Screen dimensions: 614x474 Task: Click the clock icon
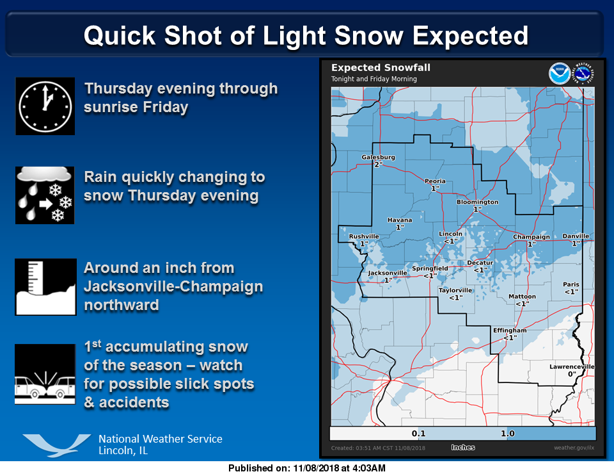(45, 106)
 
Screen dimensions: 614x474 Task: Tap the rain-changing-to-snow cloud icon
(45, 195)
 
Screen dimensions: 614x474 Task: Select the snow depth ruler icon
(45, 287)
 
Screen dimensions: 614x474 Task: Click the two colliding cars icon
(45, 374)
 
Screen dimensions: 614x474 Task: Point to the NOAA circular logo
(559, 73)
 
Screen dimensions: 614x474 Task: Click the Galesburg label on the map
(378, 157)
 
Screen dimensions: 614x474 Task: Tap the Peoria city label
(435, 181)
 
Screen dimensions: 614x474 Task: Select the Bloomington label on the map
(477, 202)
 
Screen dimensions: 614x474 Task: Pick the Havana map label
(400, 220)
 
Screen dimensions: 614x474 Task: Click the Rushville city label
(364, 236)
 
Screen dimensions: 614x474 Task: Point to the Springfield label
(430, 268)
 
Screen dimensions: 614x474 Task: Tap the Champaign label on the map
(531, 237)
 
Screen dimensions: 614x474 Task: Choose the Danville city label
(576, 236)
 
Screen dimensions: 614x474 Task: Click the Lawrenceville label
(572, 366)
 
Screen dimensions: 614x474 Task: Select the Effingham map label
(510, 331)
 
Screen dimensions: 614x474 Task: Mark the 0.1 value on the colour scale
(418, 434)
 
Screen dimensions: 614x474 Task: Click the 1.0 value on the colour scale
(507, 434)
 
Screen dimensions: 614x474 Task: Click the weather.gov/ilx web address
(574, 448)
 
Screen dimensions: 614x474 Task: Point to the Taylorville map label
(455, 291)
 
